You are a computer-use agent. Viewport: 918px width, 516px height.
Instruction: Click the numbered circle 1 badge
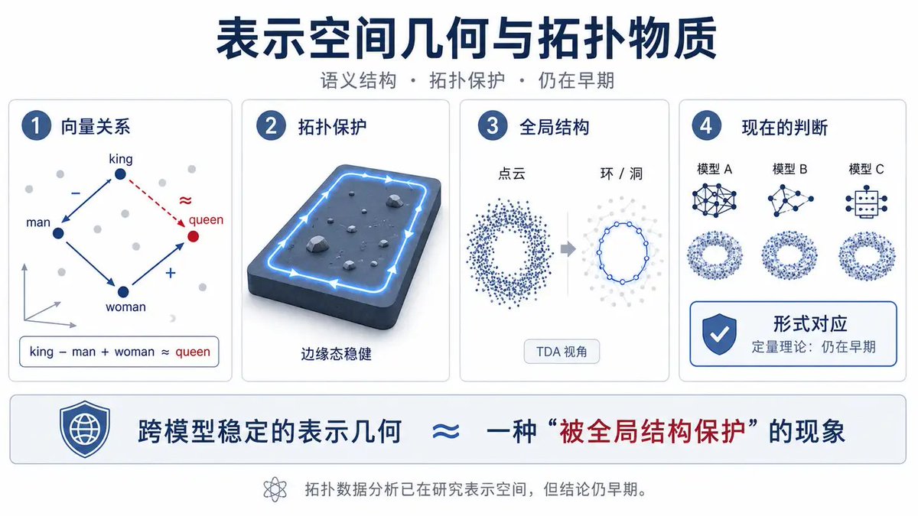point(36,125)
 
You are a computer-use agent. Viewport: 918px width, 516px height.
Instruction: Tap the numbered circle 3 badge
point(492,125)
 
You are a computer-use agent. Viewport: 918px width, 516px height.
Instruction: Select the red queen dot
point(193,236)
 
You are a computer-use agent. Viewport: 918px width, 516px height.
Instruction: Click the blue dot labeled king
point(120,174)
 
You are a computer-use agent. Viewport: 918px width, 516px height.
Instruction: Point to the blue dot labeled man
point(58,233)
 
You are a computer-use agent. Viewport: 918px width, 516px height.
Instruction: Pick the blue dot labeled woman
point(123,292)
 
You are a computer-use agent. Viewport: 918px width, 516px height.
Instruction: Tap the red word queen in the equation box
point(193,352)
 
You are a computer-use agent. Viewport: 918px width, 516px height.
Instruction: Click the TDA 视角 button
point(562,352)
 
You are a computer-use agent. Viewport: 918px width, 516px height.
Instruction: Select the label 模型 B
point(789,169)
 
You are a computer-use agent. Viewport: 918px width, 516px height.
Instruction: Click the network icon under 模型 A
point(715,200)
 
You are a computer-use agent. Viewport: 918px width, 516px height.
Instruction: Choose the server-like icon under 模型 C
point(866,202)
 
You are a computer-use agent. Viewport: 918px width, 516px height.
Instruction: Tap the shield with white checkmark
point(719,334)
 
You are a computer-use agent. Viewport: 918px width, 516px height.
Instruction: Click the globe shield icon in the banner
point(84,429)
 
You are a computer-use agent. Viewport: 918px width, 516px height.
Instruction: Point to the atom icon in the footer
point(275,489)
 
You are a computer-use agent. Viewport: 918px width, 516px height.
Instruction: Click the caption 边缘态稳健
point(336,354)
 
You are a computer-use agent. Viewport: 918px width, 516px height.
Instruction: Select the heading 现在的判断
point(784,128)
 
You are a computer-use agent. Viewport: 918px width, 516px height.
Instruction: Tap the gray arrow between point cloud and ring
point(568,248)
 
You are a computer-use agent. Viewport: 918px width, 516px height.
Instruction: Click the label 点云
point(512,174)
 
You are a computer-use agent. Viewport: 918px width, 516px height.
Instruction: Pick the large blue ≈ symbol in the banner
point(446,431)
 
